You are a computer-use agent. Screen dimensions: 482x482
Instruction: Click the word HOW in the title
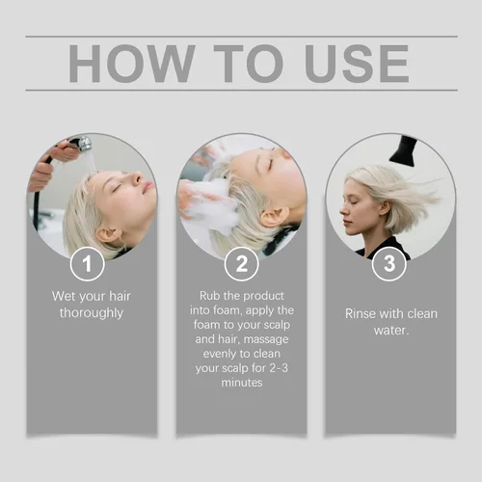pos(132,64)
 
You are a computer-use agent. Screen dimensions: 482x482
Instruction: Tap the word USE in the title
pos(358,64)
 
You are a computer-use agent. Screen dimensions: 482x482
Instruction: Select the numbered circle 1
pos(87,264)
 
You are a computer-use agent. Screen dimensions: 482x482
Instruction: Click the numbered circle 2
pos(241,264)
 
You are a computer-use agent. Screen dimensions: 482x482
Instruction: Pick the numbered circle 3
pos(389,264)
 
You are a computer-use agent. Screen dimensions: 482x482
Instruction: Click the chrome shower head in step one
pos(83,144)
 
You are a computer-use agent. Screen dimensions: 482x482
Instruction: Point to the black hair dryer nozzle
pos(404,150)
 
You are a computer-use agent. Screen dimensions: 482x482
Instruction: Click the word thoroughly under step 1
pos(92,313)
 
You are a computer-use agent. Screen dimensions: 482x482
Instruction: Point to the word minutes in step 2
pos(242,383)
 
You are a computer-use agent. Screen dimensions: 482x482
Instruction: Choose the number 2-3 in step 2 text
pos(279,368)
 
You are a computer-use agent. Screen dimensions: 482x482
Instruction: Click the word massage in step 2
pos(266,339)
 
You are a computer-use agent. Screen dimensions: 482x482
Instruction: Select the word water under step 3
pos(390,331)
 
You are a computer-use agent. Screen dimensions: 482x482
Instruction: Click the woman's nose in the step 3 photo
pos(342,210)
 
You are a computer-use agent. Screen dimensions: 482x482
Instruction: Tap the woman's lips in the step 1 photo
pos(147,186)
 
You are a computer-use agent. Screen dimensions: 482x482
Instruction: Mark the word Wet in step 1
pos(64,296)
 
